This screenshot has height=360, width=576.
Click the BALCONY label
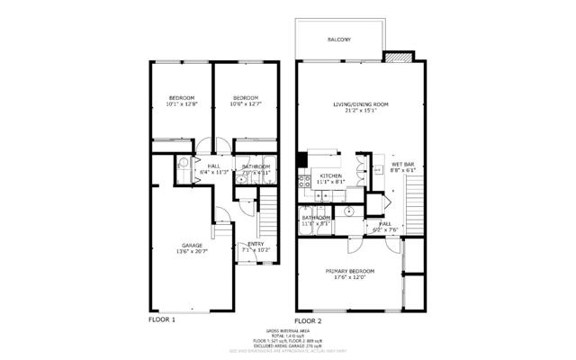tap(338, 40)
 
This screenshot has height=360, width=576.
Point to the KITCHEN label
tap(331, 175)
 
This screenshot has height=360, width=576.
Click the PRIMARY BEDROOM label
tap(350, 270)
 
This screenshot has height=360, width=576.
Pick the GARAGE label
tap(192, 245)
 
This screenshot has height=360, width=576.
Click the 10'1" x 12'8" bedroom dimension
tap(181, 104)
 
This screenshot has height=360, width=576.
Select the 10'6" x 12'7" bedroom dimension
tap(244, 104)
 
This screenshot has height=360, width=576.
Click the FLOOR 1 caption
tap(161, 319)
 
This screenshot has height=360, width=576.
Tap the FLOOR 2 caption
tap(308, 320)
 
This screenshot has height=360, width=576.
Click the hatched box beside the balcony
tap(397, 58)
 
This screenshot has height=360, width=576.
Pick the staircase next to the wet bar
tap(415, 193)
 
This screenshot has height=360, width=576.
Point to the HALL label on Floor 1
tap(214, 166)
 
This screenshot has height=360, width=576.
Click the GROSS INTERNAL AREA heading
tap(287, 330)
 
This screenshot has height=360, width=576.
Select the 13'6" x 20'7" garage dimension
tap(192, 251)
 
